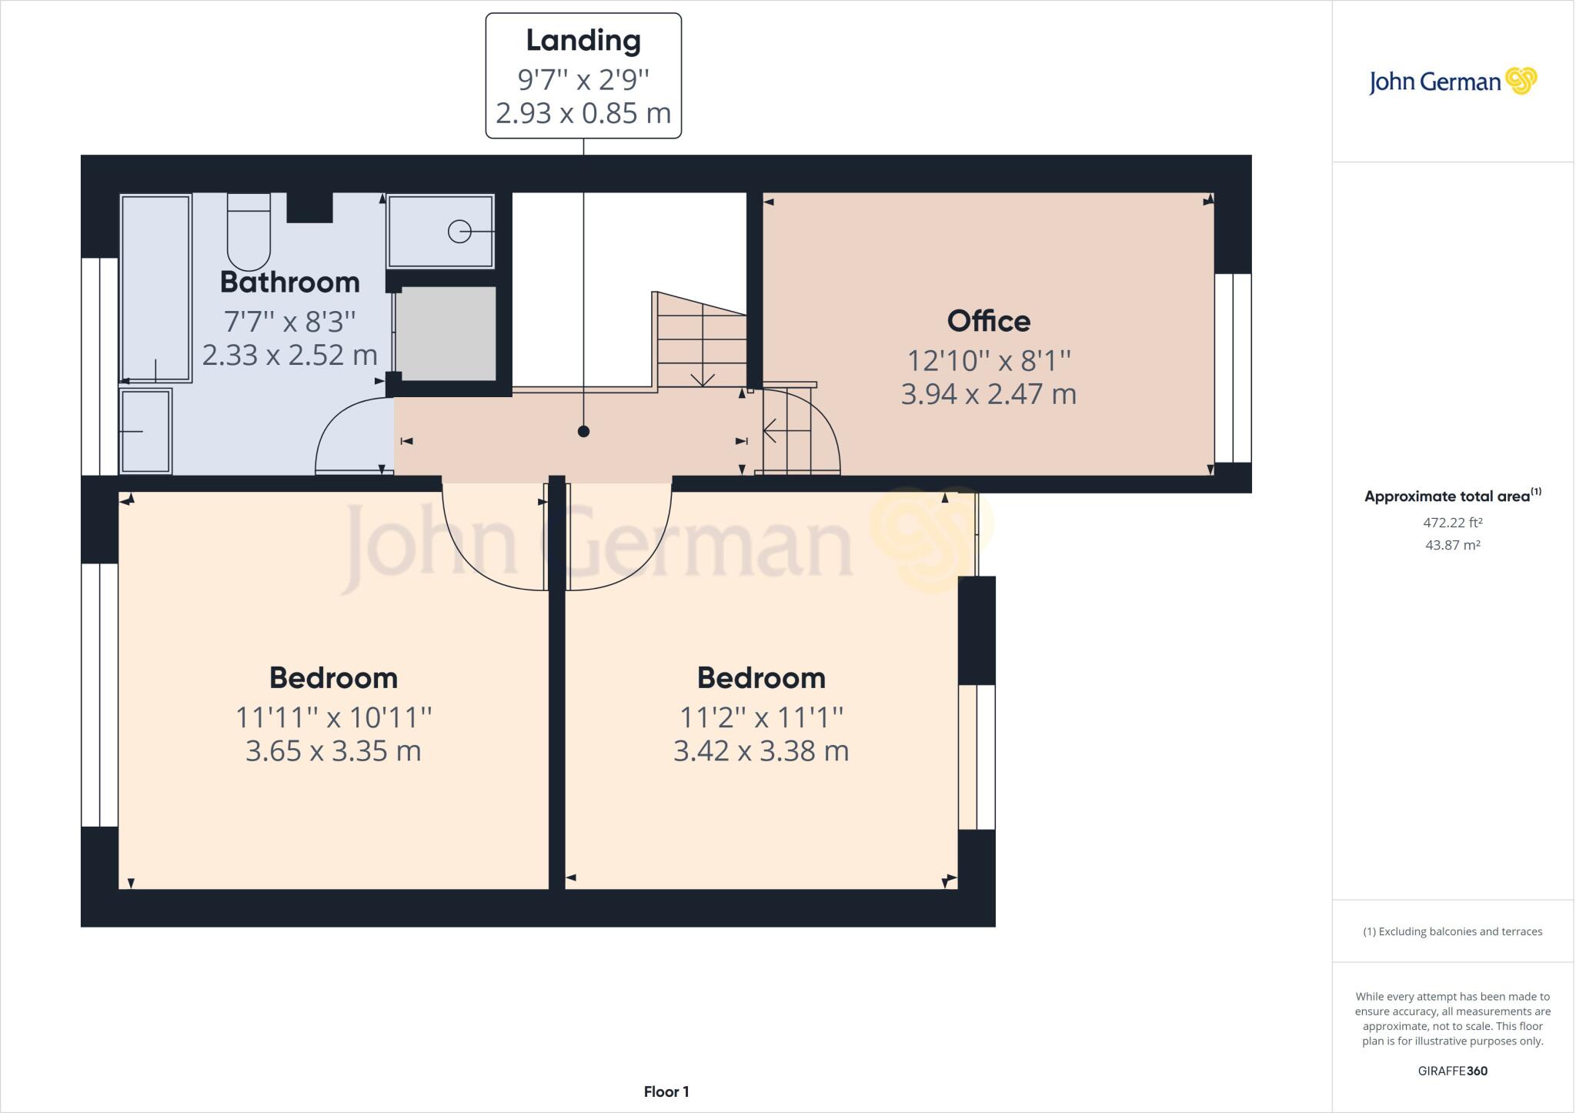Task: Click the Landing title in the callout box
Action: pos(583,41)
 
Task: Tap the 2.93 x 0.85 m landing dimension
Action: pos(583,113)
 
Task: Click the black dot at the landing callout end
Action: pos(583,431)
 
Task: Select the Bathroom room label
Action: pos(289,282)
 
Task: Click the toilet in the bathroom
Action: pos(249,231)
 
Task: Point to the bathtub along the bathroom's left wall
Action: pos(155,289)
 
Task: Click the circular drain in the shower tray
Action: pos(459,231)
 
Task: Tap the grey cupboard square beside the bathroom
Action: pos(446,333)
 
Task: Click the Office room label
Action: pos(988,321)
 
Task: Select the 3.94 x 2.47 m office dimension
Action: pos(988,394)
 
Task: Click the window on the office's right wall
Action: pos(1233,368)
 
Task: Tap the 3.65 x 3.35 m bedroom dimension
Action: pos(333,750)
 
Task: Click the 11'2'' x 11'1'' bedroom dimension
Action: pos(761,717)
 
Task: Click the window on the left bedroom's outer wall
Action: pos(100,695)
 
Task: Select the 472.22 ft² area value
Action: pos(1452,523)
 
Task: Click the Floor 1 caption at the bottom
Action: pos(666,1091)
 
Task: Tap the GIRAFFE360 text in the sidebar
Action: pos(1452,1071)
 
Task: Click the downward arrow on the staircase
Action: pos(703,377)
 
